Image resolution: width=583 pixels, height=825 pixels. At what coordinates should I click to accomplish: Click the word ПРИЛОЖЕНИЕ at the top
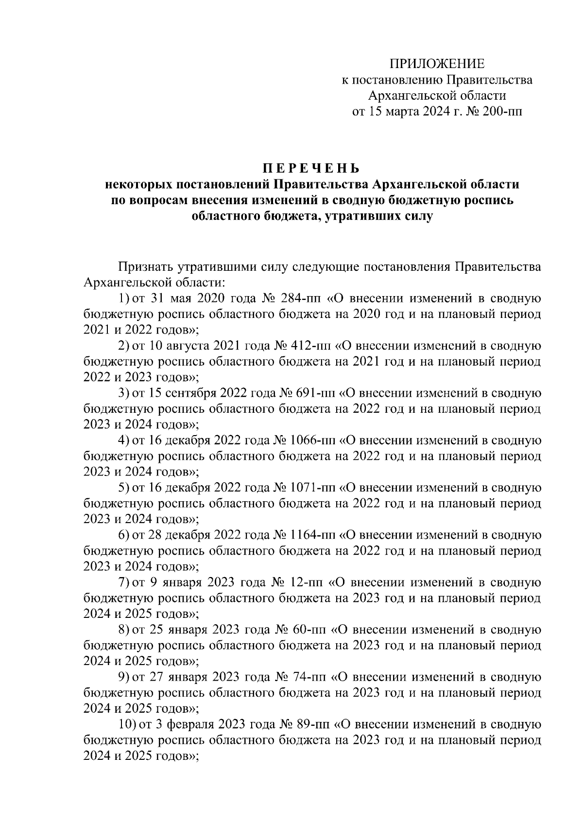pyautogui.click(x=437, y=64)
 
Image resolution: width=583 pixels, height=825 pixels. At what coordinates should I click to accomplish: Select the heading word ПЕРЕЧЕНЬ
pyautogui.click(x=311, y=169)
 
